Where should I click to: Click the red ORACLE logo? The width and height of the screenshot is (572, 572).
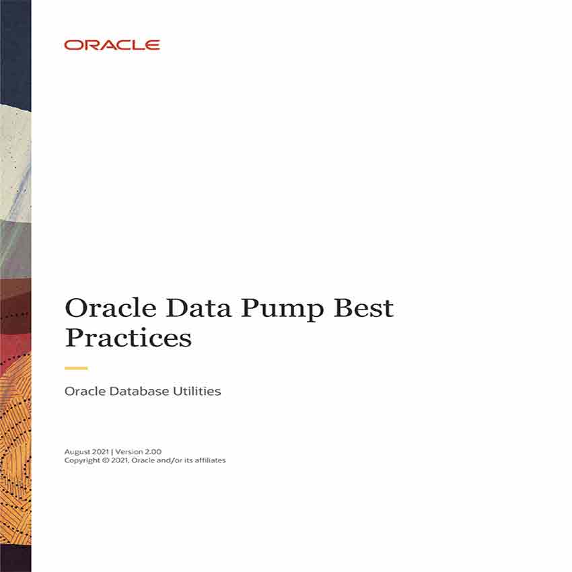112,45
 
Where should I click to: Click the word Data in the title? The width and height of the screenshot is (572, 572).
199,308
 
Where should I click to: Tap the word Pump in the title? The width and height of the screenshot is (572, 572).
282,310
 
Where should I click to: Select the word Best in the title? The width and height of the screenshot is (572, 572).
363,308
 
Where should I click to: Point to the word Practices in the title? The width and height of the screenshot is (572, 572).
128,337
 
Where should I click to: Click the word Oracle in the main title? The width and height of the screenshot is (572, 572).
110,308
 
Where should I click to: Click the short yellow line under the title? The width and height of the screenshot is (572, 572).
76,369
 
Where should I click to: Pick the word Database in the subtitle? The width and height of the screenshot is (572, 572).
139,392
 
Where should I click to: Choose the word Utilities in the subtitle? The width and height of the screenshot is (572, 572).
196,392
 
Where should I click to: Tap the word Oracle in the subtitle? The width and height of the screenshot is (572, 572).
85,392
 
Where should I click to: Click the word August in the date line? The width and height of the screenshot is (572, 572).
77,452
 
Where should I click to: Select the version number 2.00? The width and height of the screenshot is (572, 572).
153,452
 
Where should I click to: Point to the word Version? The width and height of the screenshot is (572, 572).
129,452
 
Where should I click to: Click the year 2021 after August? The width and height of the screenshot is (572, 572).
100,452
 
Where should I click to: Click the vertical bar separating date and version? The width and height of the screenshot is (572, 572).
112,452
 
